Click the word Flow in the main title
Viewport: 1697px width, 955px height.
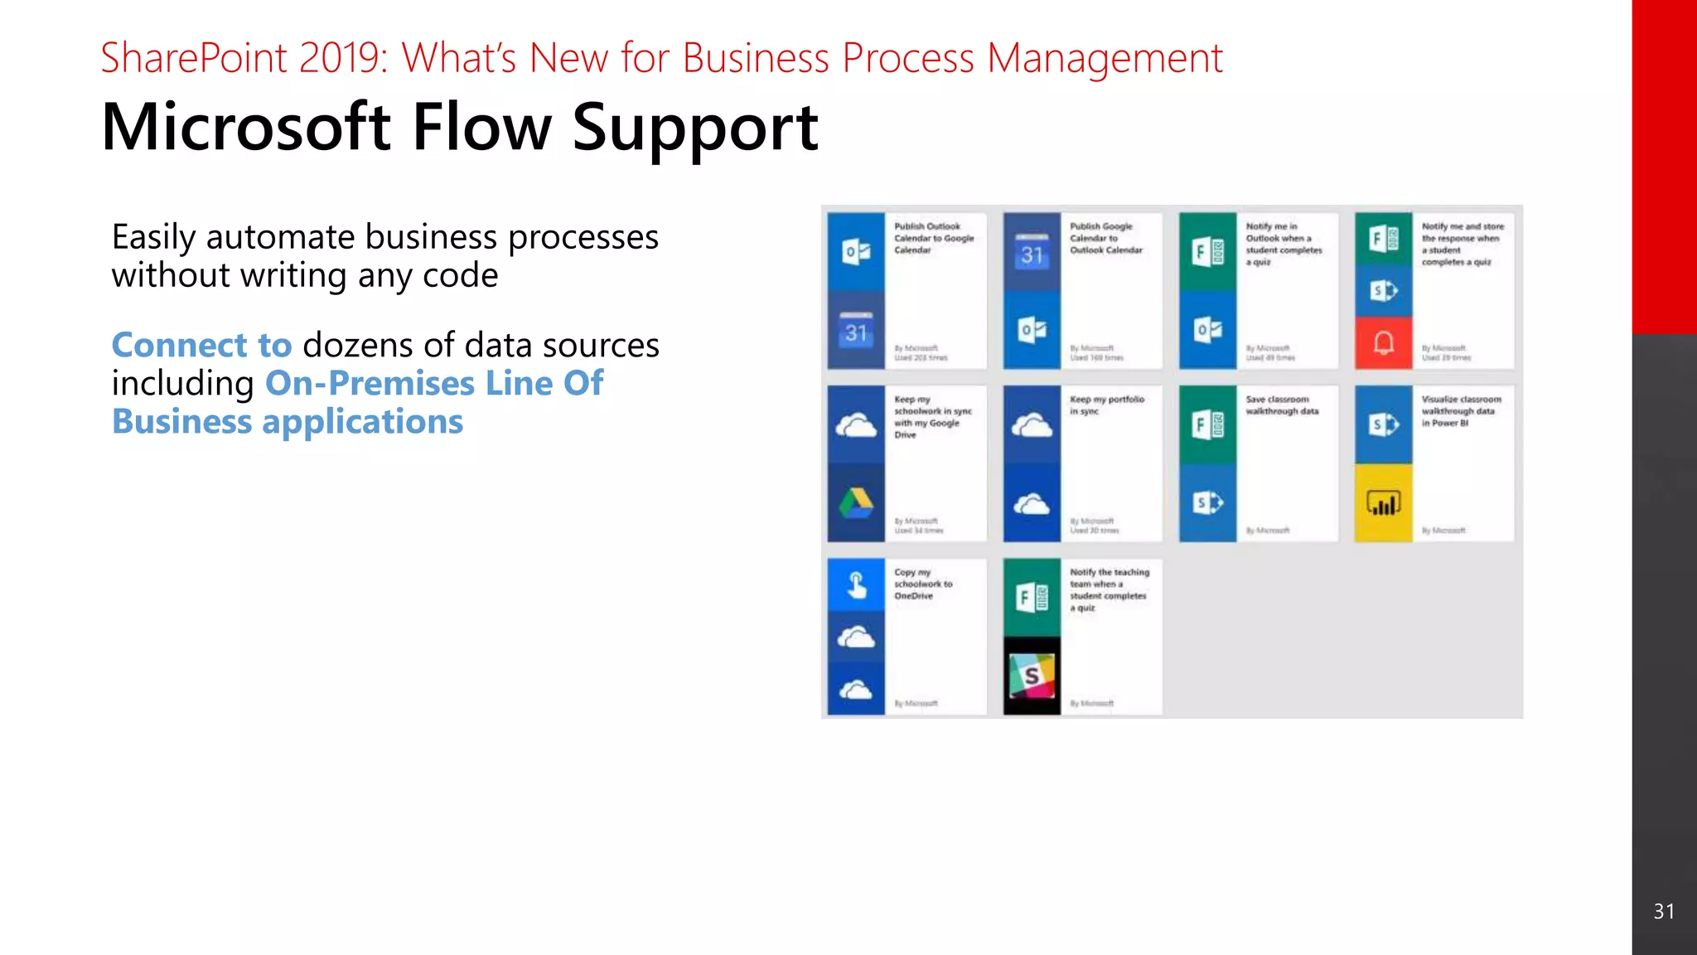point(481,128)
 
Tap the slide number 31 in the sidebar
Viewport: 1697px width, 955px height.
point(1664,912)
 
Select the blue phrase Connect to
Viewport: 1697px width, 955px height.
point(201,345)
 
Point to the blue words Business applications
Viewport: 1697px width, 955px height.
point(288,422)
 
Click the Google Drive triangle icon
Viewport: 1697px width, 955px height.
point(856,502)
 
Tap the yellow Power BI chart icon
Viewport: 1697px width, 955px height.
point(1383,502)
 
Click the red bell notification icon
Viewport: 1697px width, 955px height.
point(1383,342)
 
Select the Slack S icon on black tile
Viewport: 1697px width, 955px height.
point(1032,676)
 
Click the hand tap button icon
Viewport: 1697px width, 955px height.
point(856,585)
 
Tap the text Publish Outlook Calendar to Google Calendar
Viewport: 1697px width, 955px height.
point(933,238)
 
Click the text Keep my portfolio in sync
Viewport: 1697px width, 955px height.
point(1106,405)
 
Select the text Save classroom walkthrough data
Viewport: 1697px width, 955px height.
point(1282,405)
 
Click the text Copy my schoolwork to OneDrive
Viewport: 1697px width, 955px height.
point(922,584)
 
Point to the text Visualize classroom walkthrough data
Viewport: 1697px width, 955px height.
point(1460,410)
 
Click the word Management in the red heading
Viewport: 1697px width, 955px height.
point(1105,58)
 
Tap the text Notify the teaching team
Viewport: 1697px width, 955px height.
point(1109,578)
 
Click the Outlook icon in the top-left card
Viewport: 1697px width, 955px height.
point(856,252)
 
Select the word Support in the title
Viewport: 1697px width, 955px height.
point(694,128)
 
